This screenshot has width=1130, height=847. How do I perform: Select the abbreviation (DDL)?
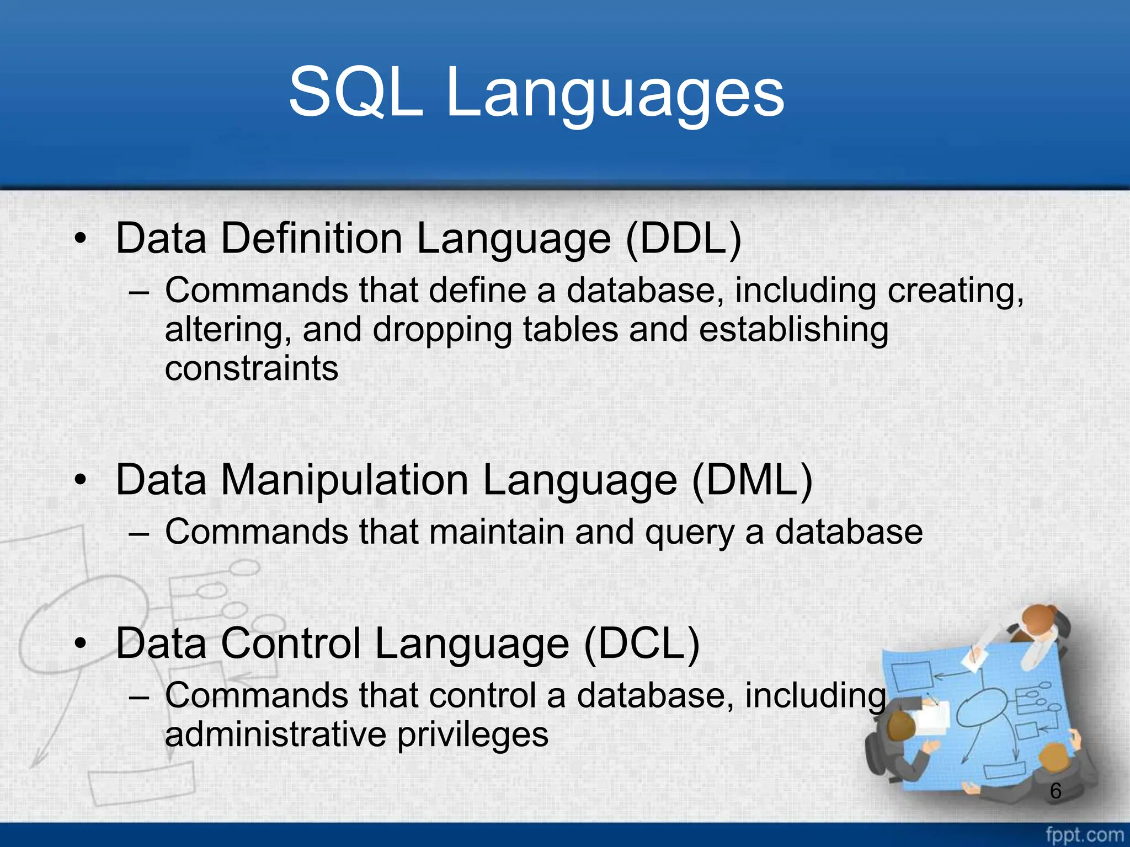pyautogui.click(x=684, y=239)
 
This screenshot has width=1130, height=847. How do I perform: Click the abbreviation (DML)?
pyautogui.click(x=751, y=480)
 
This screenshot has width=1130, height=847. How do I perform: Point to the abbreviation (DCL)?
pyautogui.click(x=642, y=644)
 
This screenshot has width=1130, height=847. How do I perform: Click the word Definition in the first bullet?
pyautogui.click(x=311, y=239)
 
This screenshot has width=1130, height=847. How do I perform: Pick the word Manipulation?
pyautogui.click(x=344, y=480)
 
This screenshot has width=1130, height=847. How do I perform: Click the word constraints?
pyautogui.click(x=252, y=368)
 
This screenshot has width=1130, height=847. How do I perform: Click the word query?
pyautogui.click(x=689, y=533)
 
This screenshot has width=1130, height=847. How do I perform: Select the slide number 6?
pyautogui.click(x=1056, y=791)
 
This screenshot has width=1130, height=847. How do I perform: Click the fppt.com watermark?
pyautogui.click(x=1084, y=835)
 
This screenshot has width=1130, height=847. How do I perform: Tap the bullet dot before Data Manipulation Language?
pyautogui.click(x=81, y=480)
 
